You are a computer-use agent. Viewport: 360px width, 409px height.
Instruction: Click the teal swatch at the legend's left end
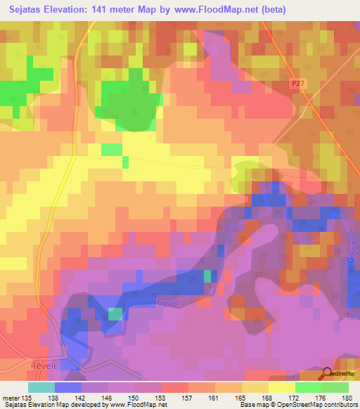click(x=41, y=387)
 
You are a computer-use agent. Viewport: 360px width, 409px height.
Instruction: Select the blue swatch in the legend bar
click(x=68, y=387)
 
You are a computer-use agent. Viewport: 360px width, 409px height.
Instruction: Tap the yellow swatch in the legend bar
click(x=281, y=387)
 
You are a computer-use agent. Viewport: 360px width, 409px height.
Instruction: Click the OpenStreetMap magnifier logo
click(x=327, y=373)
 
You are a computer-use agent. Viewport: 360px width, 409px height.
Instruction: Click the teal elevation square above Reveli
click(x=115, y=314)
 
